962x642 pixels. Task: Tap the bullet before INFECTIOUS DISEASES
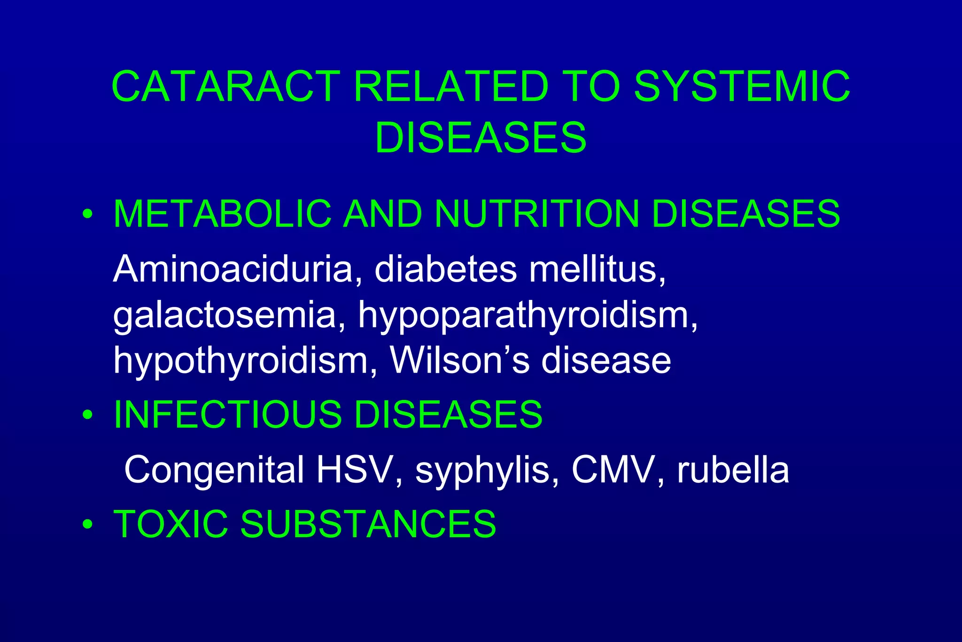pyautogui.click(x=87, y=415)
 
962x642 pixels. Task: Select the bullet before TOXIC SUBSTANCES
pyautogui.click(x=87, y=525)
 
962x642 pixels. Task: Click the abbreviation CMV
pyautogui.click(x=613, y=470)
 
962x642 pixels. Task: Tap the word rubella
pyautogui.click(x=733, y=470)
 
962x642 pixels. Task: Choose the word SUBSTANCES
pyautogui.click(x=368, y=524)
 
